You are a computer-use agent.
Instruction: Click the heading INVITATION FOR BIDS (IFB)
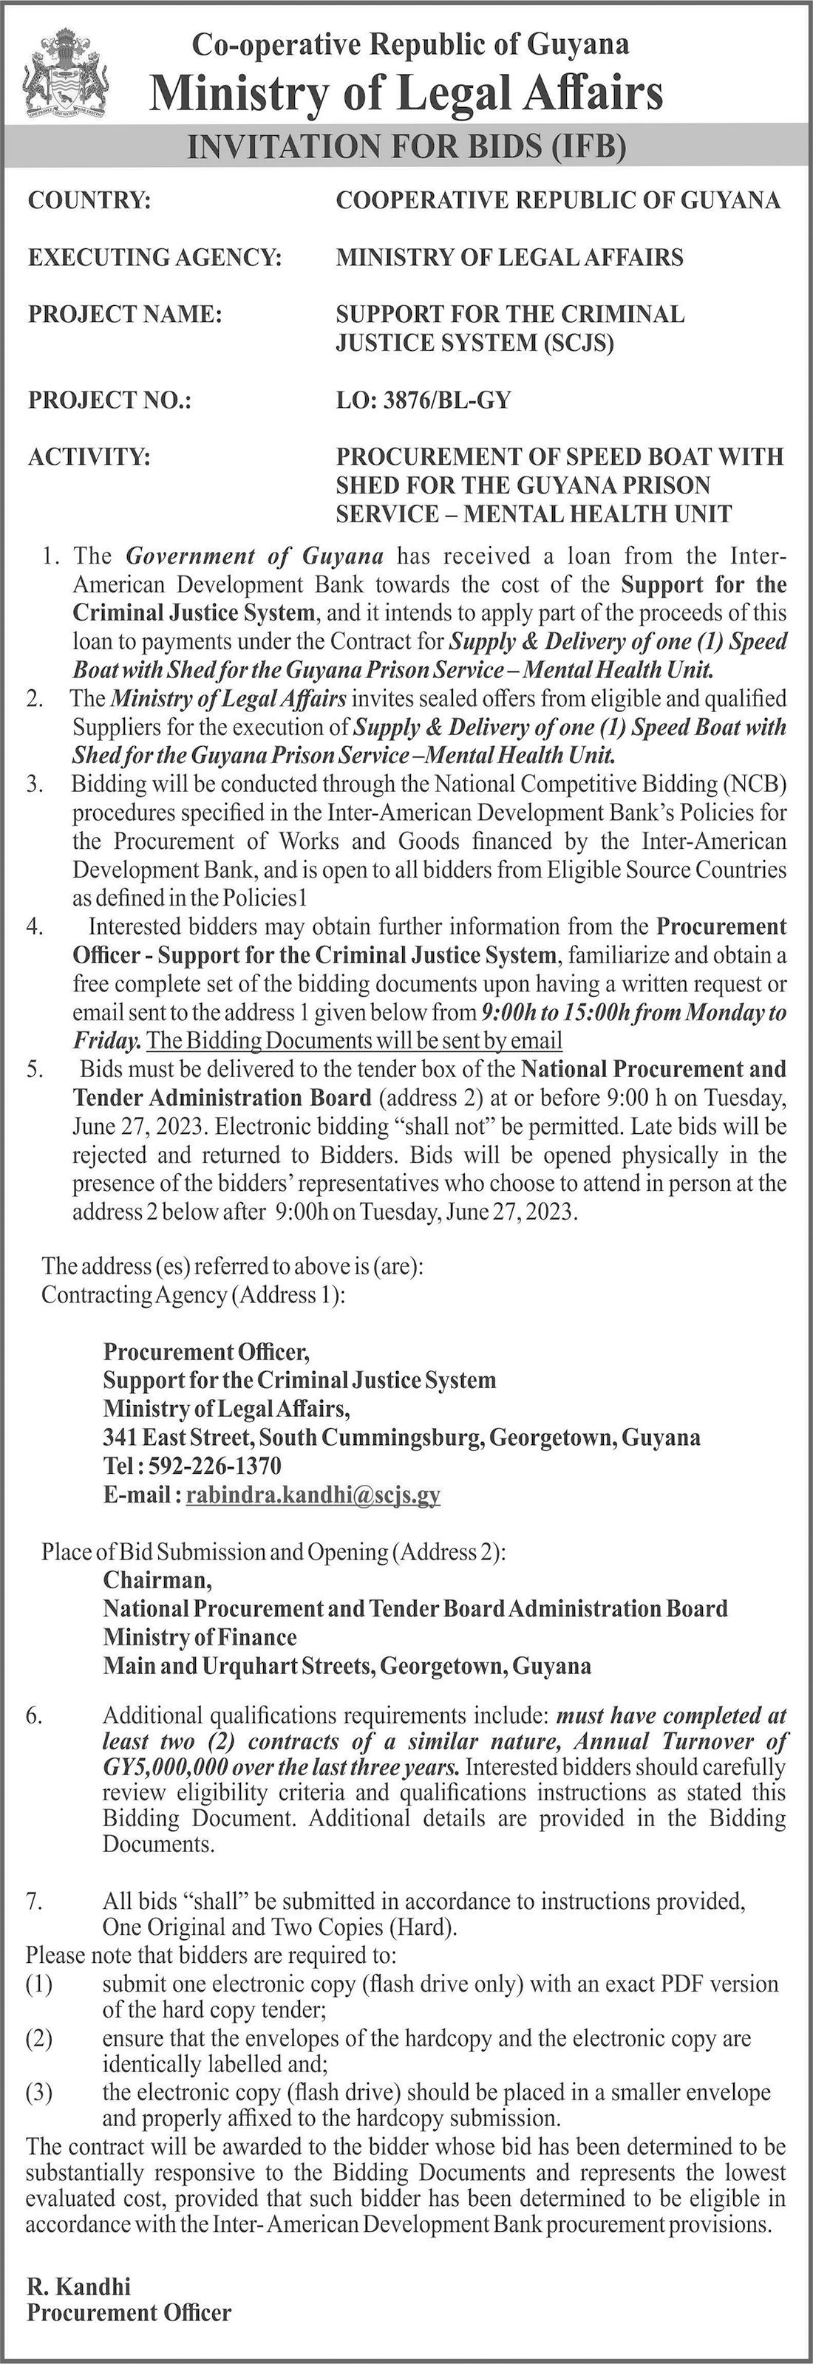point(406,148)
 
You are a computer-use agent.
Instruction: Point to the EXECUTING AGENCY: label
point(154,257)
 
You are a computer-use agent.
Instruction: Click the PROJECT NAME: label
point(125,314)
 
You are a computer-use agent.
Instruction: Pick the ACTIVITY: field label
point(88,456)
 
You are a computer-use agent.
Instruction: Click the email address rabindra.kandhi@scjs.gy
point(313,1495)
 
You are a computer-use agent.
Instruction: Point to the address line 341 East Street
point(401,1437)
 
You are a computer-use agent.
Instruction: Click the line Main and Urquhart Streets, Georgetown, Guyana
point(347,1666)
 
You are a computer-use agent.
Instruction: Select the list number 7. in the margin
point(34,1901)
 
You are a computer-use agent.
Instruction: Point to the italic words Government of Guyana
point(254,556)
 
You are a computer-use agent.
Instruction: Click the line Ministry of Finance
point(200,1637)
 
